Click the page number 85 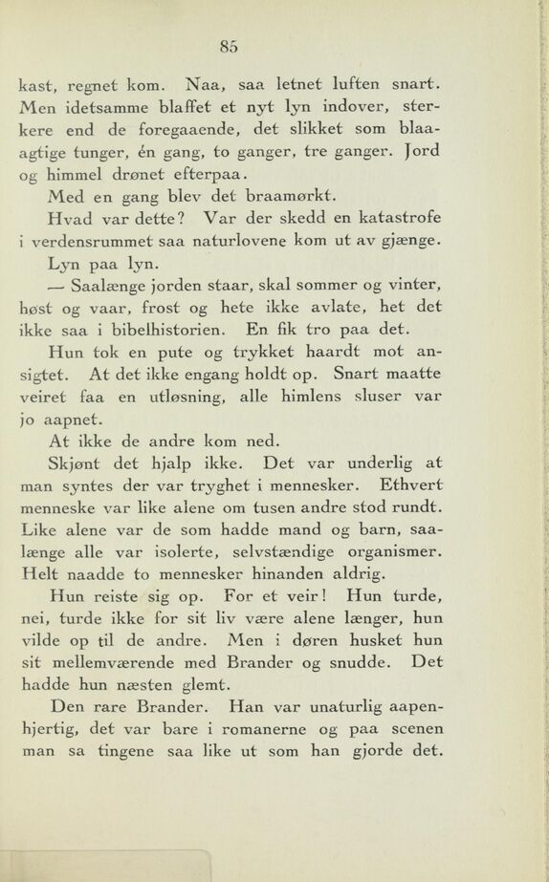click(227, 44)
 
